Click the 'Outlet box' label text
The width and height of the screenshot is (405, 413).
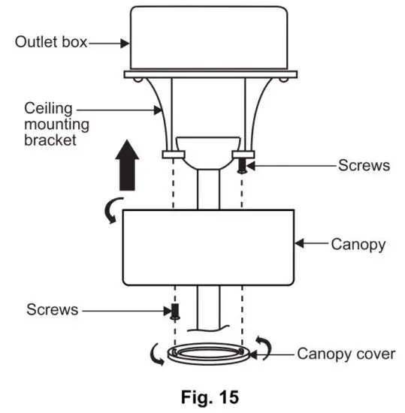(50, 42)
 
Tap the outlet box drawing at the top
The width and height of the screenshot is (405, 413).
(210, 38)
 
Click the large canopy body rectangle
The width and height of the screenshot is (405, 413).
(207, 247)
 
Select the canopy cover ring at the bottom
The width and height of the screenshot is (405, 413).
(208, 353)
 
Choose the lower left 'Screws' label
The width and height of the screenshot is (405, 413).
(52, 309)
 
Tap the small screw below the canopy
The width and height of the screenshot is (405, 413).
(174, 311)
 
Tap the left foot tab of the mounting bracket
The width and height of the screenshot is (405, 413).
(173, 155)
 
